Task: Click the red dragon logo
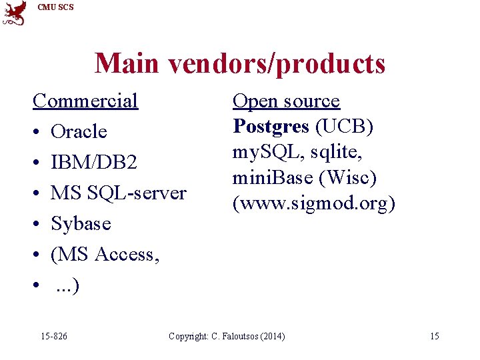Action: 15,13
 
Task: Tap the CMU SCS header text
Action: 56,7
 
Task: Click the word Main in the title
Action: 127,64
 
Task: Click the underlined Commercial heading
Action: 85,101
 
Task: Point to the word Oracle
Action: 79,132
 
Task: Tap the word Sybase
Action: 81,224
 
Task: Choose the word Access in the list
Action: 127,255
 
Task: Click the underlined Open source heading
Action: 286,101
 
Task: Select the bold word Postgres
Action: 271,127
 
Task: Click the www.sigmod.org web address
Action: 313,203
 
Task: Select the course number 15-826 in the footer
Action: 53,336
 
